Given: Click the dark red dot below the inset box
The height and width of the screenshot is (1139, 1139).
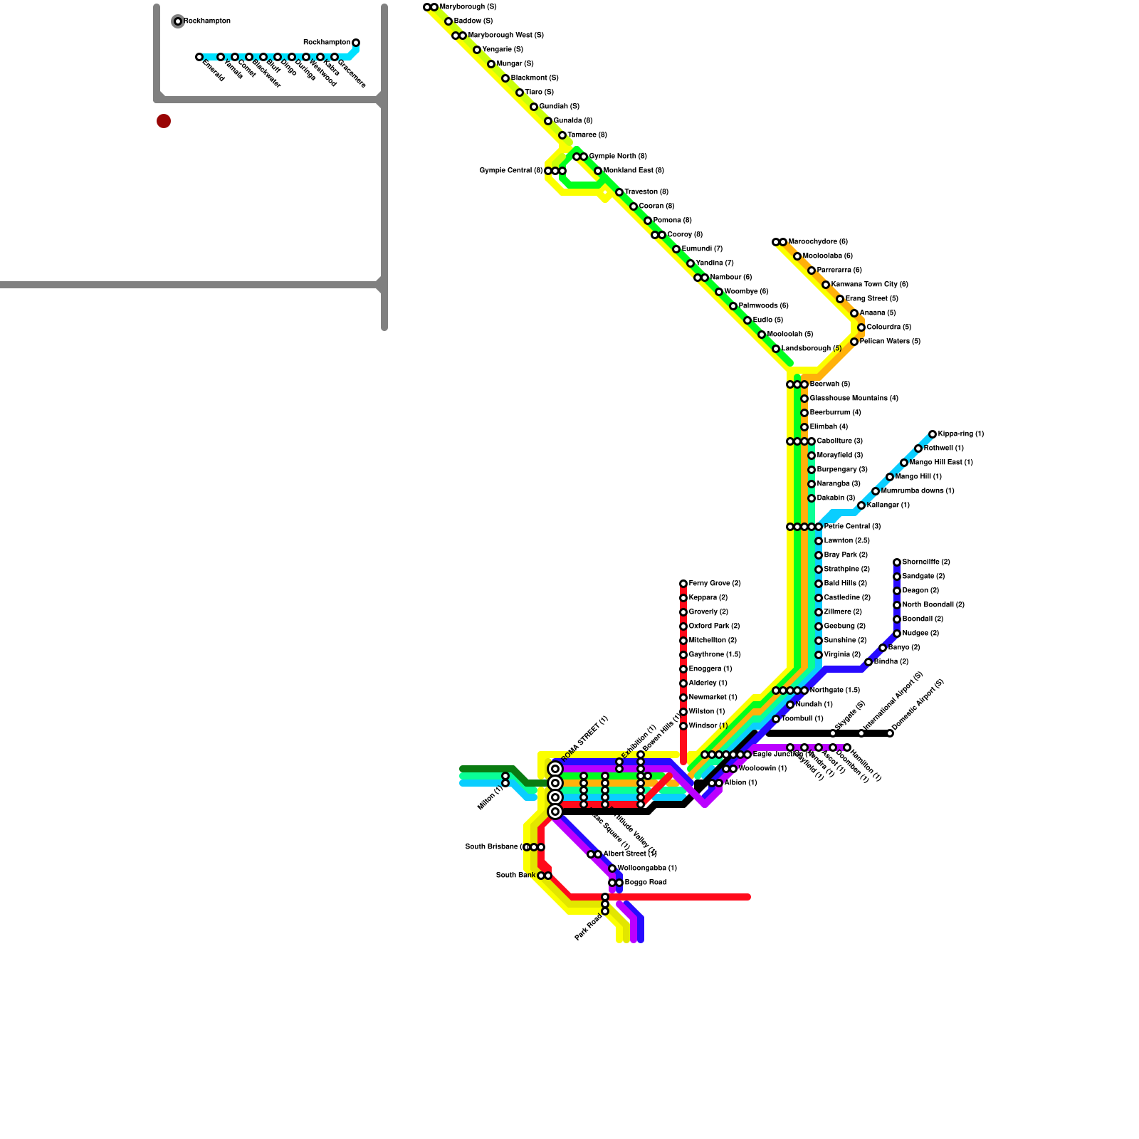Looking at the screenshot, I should coord(164,121).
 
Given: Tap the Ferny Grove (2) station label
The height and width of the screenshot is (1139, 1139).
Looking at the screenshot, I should coord(715,584).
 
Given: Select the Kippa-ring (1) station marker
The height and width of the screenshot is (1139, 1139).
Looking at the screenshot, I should coord(933,434).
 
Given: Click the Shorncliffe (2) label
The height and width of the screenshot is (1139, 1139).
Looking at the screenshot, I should coord(925,562).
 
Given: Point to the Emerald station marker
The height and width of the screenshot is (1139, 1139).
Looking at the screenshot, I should coord(199,57).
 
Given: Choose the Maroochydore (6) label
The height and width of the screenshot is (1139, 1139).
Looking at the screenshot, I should coord(818,242).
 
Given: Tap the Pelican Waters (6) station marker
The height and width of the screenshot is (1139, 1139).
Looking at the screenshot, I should coord(854,342).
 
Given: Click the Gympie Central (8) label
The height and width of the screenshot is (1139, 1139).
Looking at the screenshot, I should coord(511,171).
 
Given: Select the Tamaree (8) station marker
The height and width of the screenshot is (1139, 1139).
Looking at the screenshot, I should coord(562,135).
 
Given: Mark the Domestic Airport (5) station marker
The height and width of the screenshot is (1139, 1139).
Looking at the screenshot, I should coord(890,733).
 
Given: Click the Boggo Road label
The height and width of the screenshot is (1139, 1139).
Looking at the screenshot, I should coord(646,883).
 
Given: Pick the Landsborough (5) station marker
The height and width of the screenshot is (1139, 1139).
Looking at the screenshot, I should coord(776,349).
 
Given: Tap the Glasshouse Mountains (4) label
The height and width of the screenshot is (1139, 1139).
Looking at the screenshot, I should coord(854,399).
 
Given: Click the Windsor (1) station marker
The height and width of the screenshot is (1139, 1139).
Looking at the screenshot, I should coord(683,726).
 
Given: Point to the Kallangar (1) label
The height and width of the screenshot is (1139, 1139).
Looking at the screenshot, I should coord(888,505).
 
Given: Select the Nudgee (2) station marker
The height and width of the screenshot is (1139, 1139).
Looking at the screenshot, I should coord(897,634).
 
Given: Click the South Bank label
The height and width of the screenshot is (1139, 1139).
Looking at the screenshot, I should coord(515,876).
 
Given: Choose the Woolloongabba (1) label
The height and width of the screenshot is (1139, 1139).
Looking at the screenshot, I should coord(647,868).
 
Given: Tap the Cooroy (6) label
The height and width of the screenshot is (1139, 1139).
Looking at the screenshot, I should coord(685,235).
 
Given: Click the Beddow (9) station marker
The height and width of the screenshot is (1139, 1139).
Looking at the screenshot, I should coord(448,21).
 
